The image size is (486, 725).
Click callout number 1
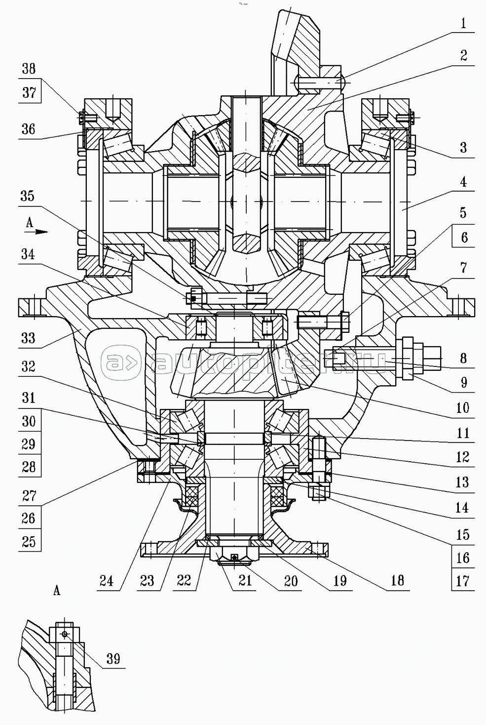(x=463, y=24)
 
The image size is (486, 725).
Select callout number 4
(x=463, y=182)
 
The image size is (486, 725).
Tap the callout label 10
(x=462, y=408)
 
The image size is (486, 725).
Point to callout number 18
(x=397, y=580)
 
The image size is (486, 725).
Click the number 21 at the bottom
(x=245, y=580)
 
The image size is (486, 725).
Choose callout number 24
(x=107, y=581)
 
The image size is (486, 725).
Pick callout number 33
(x=28, y=338)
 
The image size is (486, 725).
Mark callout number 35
(x=27, y=196)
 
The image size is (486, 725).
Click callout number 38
(x=29, y=69)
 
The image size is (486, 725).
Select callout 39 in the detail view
(x=113, y=659)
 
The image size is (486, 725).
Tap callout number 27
(x=29, y=495)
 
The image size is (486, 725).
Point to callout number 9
(x=463, y=382)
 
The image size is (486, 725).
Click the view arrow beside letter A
(x=42, y=231)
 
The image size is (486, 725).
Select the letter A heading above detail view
(x=57, y=590)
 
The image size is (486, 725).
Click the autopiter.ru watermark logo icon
(x=121, y=363)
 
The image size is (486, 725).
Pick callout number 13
(x=462, y=482)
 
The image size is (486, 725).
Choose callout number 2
(x=463, y=55)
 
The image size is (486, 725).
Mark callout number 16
(x=462, y=558)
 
